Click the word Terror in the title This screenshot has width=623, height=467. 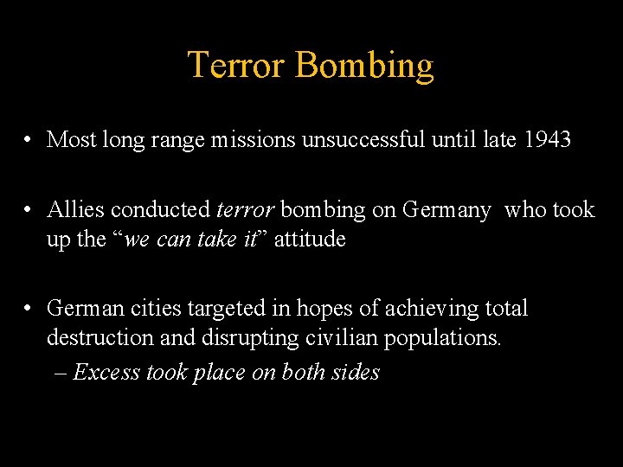pyautogui.click(x=235, y=66)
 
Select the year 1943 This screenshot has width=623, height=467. pyautogui.click(x=548, y=138)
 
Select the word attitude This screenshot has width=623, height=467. pyautogui.click(x=310, y=240)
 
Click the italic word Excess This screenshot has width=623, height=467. pyautogui.click(x=106, y=372)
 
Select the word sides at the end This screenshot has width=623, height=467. pyautogui.click(x=357, y=372)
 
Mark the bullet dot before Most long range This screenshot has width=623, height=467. pyautogui.click(x=29, y=140)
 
